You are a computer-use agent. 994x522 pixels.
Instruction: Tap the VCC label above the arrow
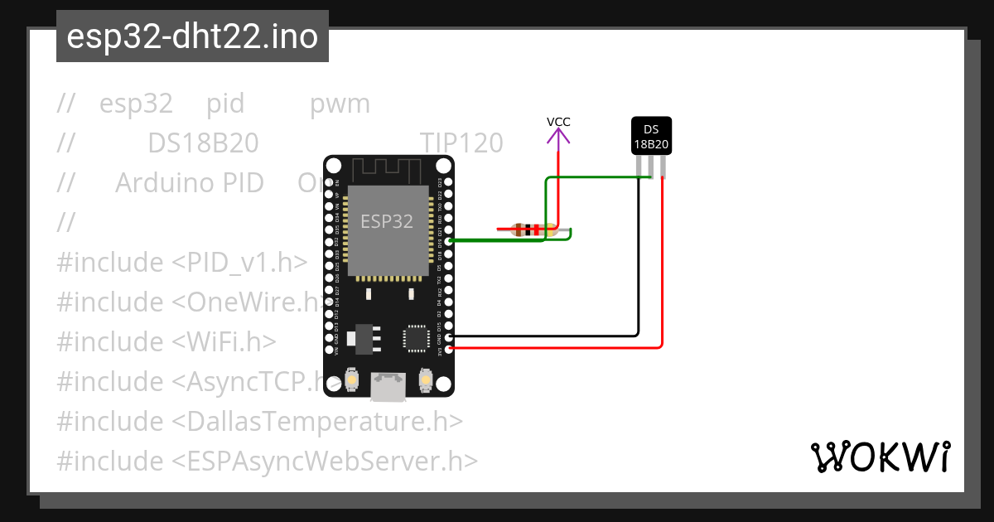pyautogui.click(x=558, y=122)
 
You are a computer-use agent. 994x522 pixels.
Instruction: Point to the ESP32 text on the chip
pyautogui.click(x=386, y=221)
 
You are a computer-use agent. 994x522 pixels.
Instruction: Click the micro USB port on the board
pyautogui.click(x=388, y=386)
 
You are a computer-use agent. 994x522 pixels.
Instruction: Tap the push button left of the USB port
pyautogui.click(x=352, y=380)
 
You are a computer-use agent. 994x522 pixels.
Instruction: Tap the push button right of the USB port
pyautogui.click(x=426, y=380)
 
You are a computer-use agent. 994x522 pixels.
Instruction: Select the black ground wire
pyautogui.click(x=638, y=273)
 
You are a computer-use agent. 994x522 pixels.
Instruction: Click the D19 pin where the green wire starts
pyautogui.click(x=449, y=241)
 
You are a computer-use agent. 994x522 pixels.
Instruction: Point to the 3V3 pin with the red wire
pyautogui.click(x=449, y=349)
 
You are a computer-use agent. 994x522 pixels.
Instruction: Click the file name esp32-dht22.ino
pyautogui.click(x=192, y=37)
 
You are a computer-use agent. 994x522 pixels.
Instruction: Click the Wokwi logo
pyautogui.click(x=880, y=457)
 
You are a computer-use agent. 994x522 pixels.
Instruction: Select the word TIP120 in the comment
pyautogui.click(x=461, y=143)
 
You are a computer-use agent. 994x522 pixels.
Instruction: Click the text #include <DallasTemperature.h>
pyautogui.click(x=259, y=421)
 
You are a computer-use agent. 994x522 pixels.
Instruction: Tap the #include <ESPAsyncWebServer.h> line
pyautogui.click(x=267, y=461)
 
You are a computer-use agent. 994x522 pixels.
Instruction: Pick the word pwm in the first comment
pyautogui.click(x=340, y=104)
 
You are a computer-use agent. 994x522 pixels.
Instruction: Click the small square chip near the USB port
pyautogui.click(x=416, y=338)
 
